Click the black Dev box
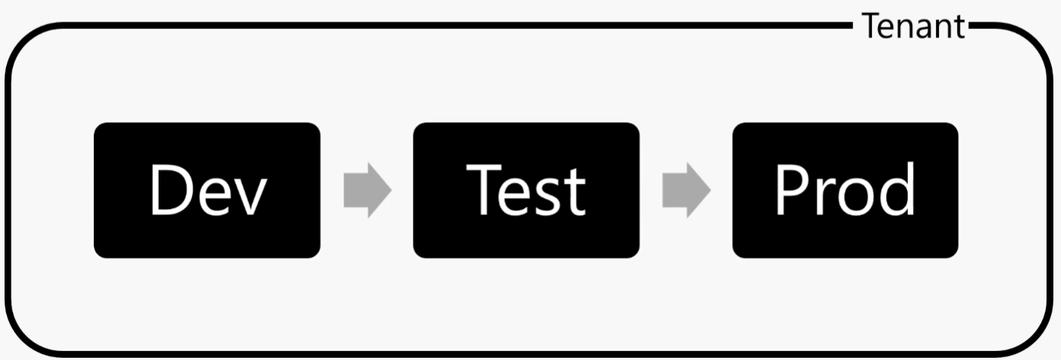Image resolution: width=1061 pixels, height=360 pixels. [x=207, y=191]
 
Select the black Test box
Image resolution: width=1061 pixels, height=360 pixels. [x=526, y=191]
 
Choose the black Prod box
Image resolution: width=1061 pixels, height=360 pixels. [x=845, y=191]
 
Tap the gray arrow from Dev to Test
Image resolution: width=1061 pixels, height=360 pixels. [x=368, y=191]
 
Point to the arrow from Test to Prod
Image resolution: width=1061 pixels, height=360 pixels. [x=686, y=191]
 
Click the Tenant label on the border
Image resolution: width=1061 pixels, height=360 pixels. [x=913, y=26]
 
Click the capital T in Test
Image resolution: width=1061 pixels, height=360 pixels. [x=484, y=189]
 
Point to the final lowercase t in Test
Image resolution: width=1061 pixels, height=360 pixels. [x=574, y=192]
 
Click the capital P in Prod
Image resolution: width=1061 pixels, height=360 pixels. [x=792, y=189]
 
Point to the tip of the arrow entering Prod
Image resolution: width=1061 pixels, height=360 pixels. [x=711, y=191]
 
